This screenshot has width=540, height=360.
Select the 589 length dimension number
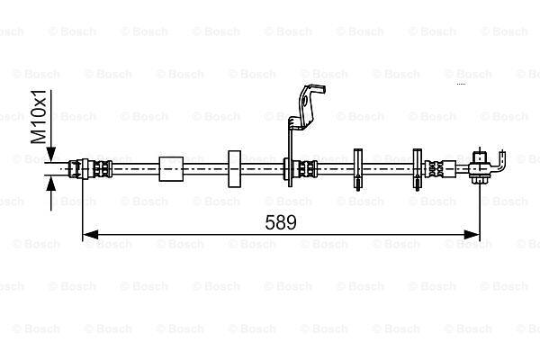[281, 220]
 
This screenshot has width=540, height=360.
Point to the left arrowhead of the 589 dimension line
[88, 236]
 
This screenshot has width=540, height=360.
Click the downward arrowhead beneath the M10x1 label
[50, 156]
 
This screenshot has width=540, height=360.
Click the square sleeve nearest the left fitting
[170, 168]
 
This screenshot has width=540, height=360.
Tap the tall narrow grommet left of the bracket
[234, 168]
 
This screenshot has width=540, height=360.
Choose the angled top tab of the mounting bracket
[310, 99]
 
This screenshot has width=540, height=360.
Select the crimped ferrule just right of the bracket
[307, 167]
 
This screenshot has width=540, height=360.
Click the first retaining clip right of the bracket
[357, 168]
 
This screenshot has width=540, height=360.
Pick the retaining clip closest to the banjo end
[418, 168]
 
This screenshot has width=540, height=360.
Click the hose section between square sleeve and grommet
[205, 167]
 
